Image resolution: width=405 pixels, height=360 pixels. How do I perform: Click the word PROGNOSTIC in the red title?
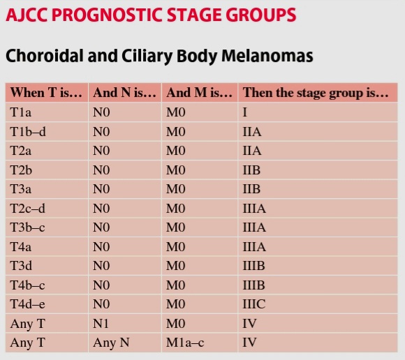tap(109, 15)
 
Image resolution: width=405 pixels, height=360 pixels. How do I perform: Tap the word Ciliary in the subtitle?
tap(147, 56)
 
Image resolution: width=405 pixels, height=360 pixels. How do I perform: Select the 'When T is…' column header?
tap(46, 93)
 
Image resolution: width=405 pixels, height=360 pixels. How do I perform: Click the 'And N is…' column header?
tap(124, 93)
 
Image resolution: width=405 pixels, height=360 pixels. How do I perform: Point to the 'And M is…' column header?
tap(200, 93)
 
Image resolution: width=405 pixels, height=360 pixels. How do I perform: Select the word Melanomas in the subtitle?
tap(267, 56)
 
